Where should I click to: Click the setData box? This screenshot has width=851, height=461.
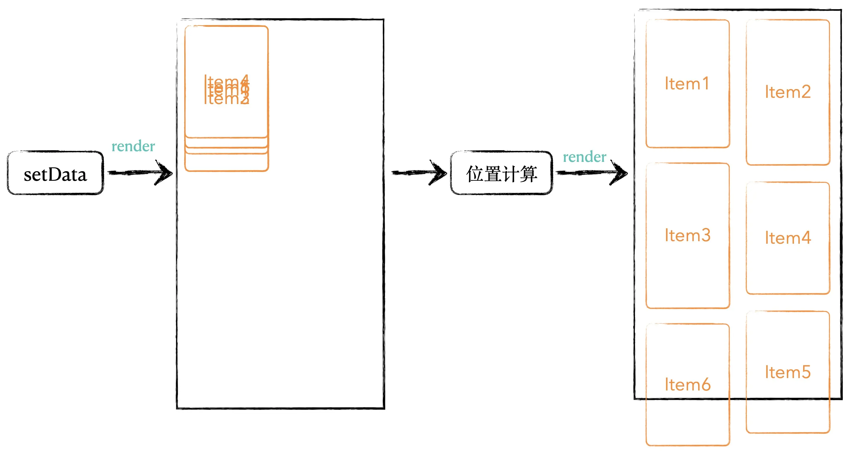point(55,173)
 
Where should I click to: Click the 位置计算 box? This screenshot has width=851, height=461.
point(501,173)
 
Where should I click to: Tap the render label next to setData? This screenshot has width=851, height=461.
point(133,146)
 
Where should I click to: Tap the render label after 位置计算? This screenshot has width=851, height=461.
point(584,157)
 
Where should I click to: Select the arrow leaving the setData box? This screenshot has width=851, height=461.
point(140,173)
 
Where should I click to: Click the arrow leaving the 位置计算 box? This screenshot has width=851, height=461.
point(592,173)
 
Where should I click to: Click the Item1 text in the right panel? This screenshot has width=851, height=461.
point(687,83)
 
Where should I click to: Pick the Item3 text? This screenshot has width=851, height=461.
point(687,235)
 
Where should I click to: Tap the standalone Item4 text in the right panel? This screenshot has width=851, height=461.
point(788,238)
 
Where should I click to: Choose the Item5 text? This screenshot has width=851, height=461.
point(788,372)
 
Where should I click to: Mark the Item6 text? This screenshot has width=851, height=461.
point(687,385)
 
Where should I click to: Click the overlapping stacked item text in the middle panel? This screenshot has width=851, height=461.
point(227,90)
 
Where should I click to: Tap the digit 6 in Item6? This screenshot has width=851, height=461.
point(706,385)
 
